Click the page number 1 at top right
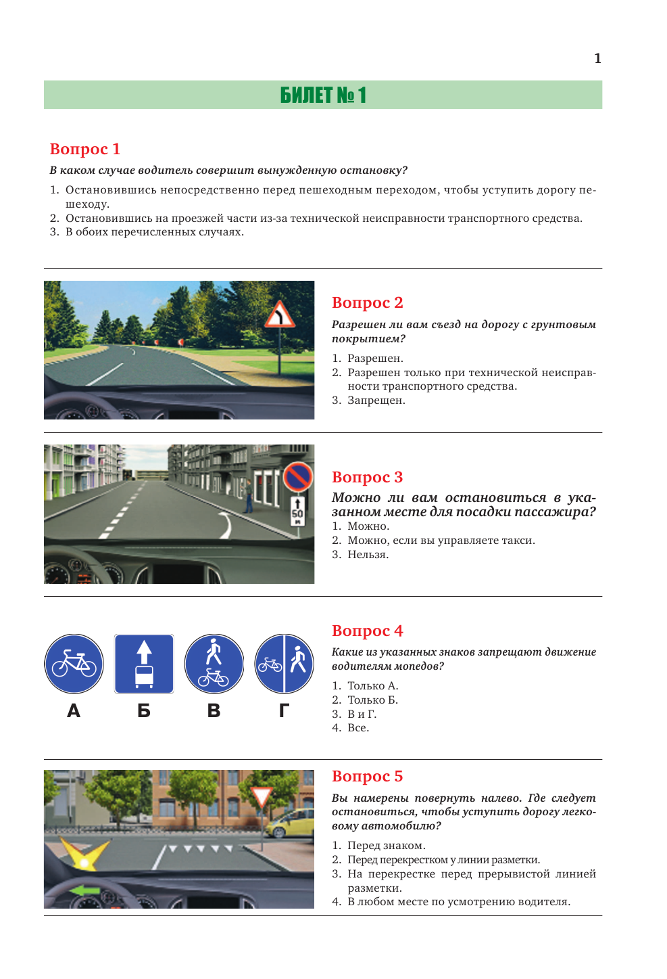pyautogui.click(x=597, y=59)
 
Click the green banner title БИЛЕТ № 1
pyautogui.click(x=323, y=95)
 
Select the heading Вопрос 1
pyautogui.click(x=85, y=149)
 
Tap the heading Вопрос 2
pyautogui.click(x=367, y=302)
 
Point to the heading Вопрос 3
pyautogui.click(x=367, y=477)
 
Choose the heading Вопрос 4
pyautogui.click(x=367, y=631)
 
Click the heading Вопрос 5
pyautogui.click(x=367, y=776)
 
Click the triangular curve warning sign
pyautogui.click(x=279, y=315)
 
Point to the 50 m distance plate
pyautogui.click(x=297, y=511)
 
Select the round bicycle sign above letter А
pyautogui.click(x=74, y=664)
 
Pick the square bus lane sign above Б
pyautogui.click(x=144, y=664)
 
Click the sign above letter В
pyautogui.click(x=214, y=664)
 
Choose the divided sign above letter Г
pyautogui.click(x=285, y=664)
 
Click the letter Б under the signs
pyautogui.click(x=144, y=710)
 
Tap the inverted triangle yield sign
pyautogui.click(x=262, y=797)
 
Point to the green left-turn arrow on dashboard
pyautogui.click(x=84, y=890)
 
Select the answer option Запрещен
pyautogui.click(x=376, y=401)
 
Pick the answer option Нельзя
pyautogui.click(x=368, y=555)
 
